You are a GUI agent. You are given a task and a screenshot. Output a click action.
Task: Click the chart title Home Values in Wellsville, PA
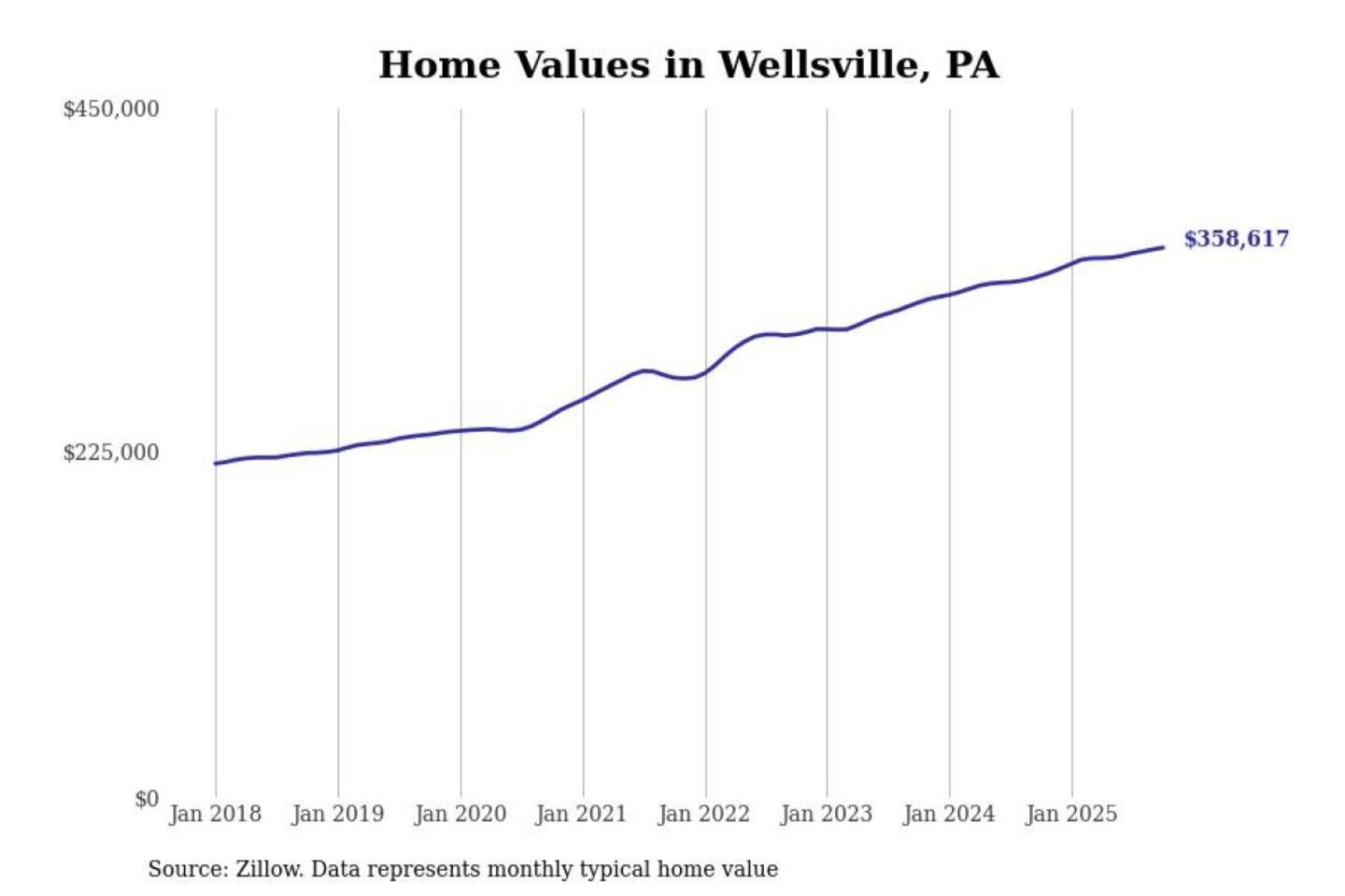coord(688,65)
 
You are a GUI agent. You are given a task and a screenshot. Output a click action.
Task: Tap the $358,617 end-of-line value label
coord(1236,239)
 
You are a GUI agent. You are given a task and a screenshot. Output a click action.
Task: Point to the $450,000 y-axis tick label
coord(110,109)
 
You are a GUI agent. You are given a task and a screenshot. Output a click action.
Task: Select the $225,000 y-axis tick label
coord(110,453)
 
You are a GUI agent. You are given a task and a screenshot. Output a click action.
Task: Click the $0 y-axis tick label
coord(146,799)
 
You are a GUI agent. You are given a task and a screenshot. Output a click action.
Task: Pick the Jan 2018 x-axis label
coord(215,814)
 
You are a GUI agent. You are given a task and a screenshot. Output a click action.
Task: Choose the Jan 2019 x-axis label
coord(337,814)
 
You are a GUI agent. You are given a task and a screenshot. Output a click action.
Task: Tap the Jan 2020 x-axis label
coord(460,814)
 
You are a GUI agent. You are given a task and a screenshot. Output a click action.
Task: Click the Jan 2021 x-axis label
coord(581,814)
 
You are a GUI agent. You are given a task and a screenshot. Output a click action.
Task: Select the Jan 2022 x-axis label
coord(703,814)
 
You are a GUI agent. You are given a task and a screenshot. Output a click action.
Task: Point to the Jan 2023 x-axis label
coord(826,814)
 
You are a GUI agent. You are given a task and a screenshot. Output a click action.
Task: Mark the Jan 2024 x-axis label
coord(948,814)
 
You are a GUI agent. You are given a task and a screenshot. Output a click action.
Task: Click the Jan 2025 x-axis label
coord(1070,814)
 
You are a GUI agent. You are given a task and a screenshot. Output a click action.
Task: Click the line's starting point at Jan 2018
coord(216,463)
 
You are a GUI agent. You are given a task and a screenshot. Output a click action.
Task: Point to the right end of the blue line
coord(1163,247)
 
